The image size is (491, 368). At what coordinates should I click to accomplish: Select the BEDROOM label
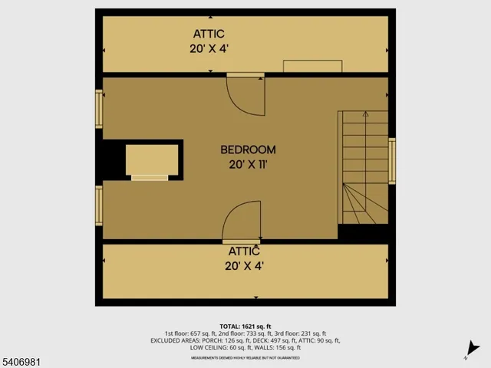click(248, 149)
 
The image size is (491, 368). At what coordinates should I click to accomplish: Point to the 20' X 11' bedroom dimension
click(248, 163)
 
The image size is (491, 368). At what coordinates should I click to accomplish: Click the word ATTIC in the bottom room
click(244, 251)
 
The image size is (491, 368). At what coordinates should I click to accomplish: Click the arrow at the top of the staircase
click(364, 116)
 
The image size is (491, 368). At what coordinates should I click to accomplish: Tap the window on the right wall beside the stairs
click(392, 162)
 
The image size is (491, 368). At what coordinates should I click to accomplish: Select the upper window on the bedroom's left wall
click(99, 108)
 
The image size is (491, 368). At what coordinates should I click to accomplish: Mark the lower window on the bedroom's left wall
click(99, 205)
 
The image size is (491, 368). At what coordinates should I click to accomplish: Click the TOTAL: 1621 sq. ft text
click(245, 326)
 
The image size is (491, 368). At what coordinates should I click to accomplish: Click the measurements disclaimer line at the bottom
click(245, 357)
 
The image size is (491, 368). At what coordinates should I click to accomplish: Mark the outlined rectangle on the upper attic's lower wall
click(312, 67)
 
